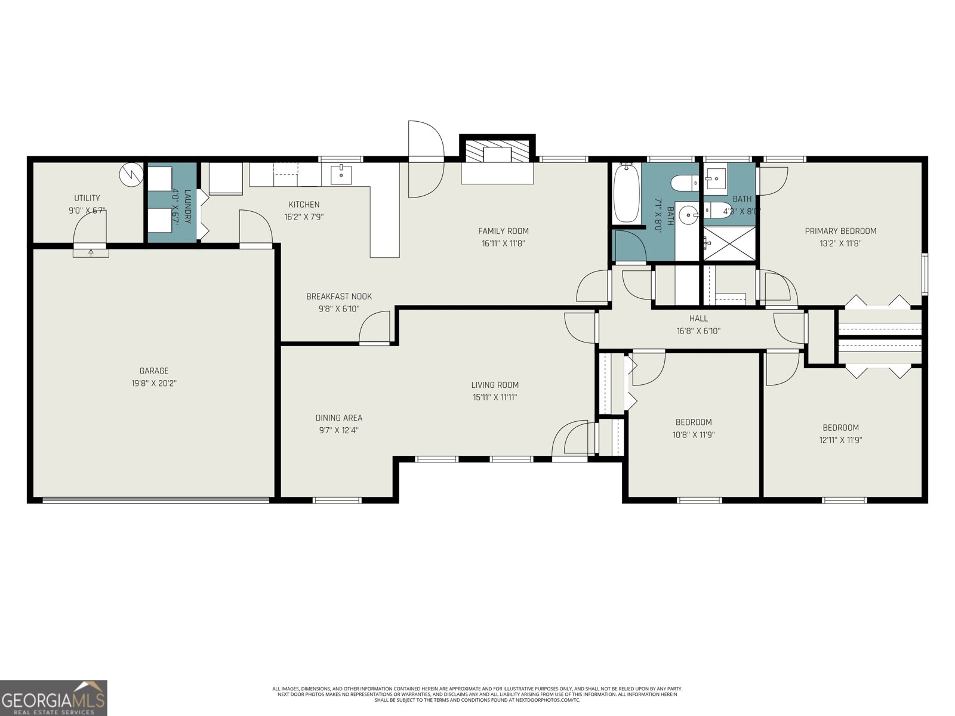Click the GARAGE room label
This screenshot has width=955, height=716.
pyautogui.click(x=154, y=371)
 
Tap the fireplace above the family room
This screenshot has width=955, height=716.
pyautogui.click(x=497, y=152)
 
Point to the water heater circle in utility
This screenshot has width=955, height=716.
pyautogui.click(x=131, y=174)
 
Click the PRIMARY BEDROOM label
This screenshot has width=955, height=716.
pyautogui.click(x=840, y=231)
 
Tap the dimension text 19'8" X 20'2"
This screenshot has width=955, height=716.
pyautogui.click(x=154, y=384)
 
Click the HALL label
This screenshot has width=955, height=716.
pyautogui.click(x=698, y=319)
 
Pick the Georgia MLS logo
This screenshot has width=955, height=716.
pyautogui.click(x=54, y=698)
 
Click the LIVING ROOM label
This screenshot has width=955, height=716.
pyautogui.click(x=494, y=385)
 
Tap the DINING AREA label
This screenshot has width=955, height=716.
pyautogui.click(x=338, y=418)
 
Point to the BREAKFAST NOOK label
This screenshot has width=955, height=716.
pyautogui.click(x=338, y=296)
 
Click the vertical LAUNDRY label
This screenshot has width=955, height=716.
pyautogui.click(x=187, y=206)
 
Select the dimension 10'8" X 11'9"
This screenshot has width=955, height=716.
pyautogui.click(x=693, y=435)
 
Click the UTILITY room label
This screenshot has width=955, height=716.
pyautogui.click(x=87, y=198)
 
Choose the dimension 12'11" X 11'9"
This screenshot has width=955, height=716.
pyautogui.click(x=840, y=440)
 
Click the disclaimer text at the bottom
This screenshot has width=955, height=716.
pyautogui.click(x=477, y=694)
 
